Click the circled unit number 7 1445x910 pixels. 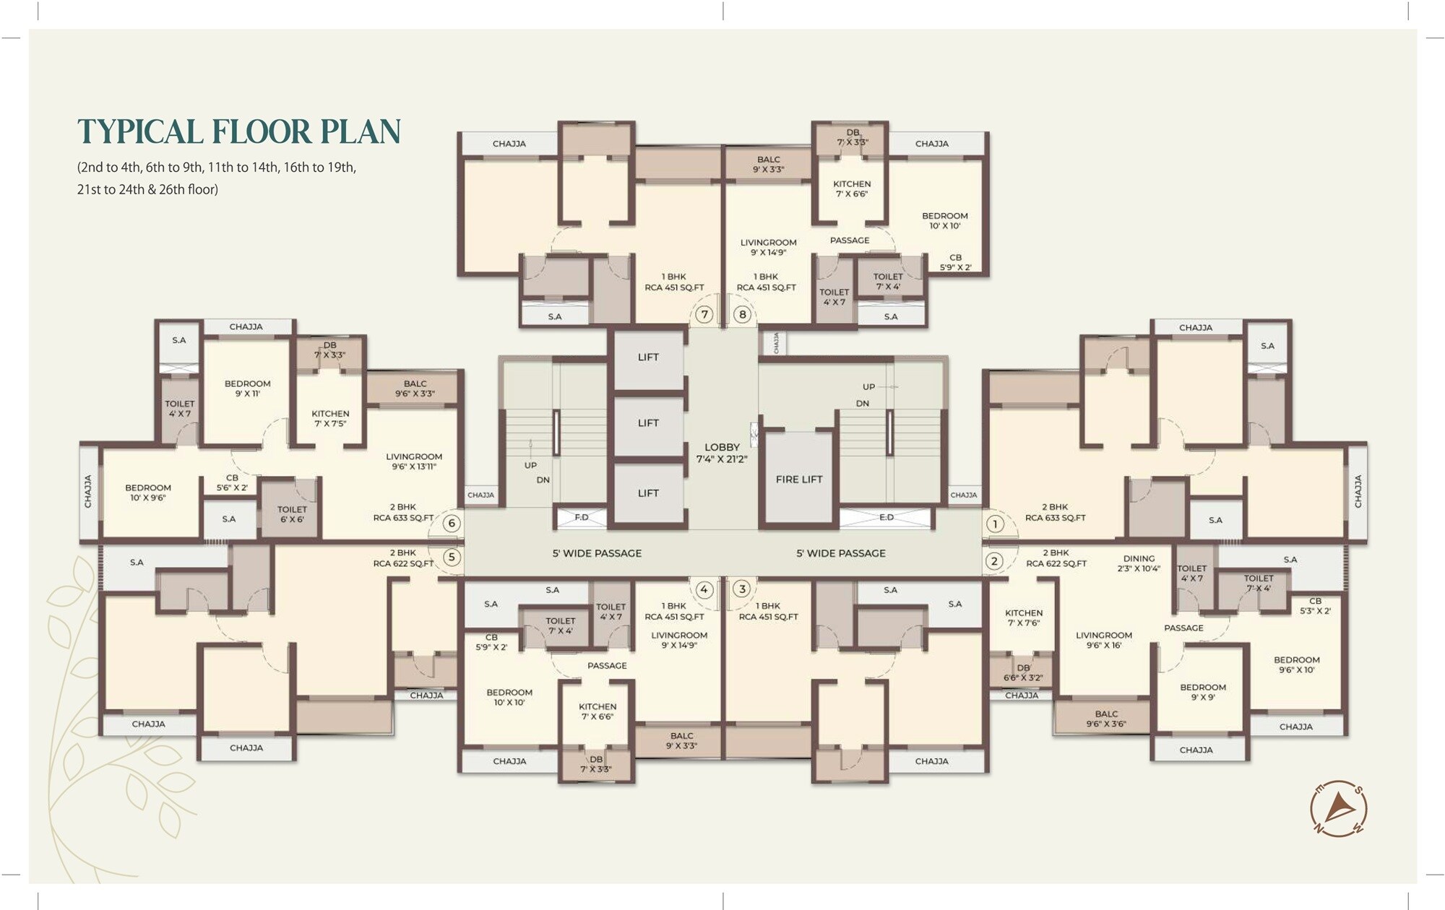coord(704,315)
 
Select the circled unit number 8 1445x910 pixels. coord(742,315)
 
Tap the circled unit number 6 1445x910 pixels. coord(452,524)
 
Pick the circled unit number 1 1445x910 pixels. coord(995,524)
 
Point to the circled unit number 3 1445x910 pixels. coord(742,589)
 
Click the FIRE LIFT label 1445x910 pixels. coord(799,480)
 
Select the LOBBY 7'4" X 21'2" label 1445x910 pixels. coord(722,453)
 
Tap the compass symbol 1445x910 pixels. coord(1339,809)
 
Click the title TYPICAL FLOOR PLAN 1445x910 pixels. coord(239,131)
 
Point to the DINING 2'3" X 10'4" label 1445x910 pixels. coord(1139,563)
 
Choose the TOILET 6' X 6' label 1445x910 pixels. coord(292,514)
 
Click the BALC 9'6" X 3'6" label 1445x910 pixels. coord(1106,719)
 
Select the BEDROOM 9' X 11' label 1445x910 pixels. coord(247,389)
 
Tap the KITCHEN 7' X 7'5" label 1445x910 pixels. coord(330,419)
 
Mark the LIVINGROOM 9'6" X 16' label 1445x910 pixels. coord(1104,641)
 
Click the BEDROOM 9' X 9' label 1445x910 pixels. coord(1203,693)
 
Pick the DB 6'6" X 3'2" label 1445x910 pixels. coord(1023,673)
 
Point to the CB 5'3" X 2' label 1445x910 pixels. coord(1315,606)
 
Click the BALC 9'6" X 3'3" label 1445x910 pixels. coord(415,389)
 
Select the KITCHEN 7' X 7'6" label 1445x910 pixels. coord(1024,617)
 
